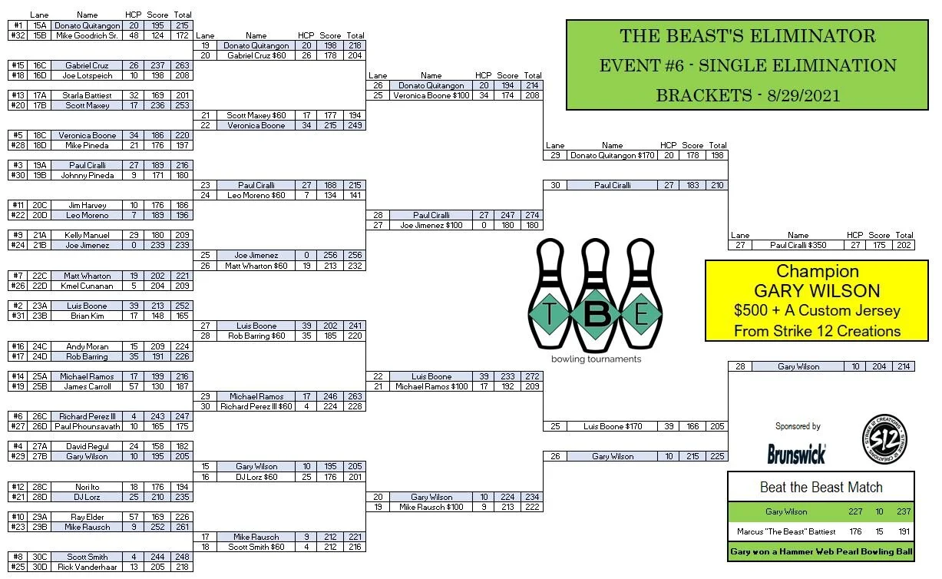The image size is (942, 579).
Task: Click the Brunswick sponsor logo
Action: (x=796, y=454)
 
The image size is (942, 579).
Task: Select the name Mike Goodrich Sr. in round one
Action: (x=86, y=35)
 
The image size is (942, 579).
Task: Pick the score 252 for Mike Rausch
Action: (x=157, y=527)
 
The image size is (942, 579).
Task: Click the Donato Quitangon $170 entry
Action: (x=613, y=155)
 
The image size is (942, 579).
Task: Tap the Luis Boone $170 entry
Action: (x=613, y=426)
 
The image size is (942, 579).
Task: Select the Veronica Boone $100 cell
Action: (x=431, y=96)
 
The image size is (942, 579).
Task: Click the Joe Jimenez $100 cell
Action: (x=431, y=226)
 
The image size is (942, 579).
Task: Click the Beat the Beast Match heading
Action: (x=821, y=487)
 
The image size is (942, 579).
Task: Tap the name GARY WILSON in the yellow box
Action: (x=816, y=291)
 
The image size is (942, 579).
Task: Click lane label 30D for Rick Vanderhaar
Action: (x=40, y=567)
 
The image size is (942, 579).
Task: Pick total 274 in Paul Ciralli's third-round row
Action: (x=532, y=216)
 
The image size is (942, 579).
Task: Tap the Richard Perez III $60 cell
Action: (x=256, y=406)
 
